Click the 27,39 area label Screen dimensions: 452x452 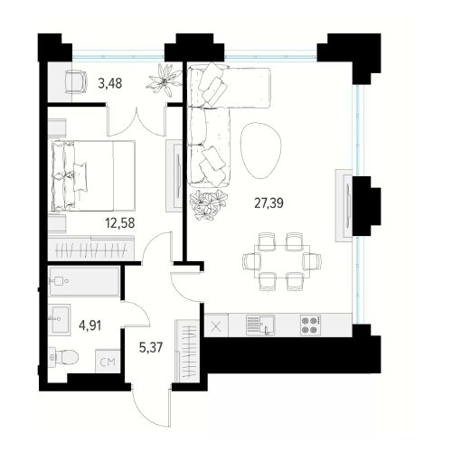268,203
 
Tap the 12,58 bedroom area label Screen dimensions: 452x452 120,223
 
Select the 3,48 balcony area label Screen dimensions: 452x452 110,83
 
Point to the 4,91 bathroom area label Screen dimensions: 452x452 89,325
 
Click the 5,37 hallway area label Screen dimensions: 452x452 151,347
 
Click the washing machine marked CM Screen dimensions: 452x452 108,362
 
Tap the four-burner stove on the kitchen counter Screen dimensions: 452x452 311,325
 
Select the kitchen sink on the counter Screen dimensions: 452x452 260,325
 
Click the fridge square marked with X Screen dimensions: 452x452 216,325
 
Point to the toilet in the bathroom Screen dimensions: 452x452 63,357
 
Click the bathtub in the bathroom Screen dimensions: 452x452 84,281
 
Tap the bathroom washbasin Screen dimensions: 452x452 61,320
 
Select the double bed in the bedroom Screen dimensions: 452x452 93,175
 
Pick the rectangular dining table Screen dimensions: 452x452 282,261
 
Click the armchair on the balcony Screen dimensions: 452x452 76,81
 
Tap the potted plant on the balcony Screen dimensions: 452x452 165,80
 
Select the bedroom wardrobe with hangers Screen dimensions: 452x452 91,249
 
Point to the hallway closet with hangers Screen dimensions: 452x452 187,352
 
